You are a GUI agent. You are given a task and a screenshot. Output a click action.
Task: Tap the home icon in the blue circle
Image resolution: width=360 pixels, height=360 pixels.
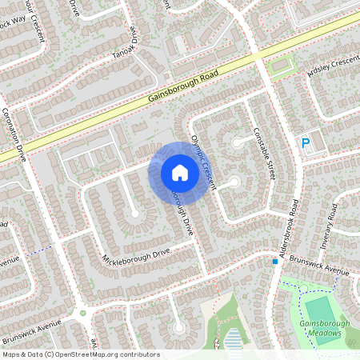click(179, 173)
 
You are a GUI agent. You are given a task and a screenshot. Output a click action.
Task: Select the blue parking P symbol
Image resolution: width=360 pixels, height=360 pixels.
click(305, 143)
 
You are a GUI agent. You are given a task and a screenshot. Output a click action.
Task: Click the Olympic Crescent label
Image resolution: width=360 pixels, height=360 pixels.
click(205, 160)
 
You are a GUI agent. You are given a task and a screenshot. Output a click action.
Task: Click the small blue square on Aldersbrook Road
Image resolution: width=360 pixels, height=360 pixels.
click(274, 261)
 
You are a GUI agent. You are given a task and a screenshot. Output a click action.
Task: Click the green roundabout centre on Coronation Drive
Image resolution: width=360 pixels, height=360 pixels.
click(82, 312)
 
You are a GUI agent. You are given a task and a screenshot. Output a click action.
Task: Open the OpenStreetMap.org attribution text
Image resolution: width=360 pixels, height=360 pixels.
click(81, 354)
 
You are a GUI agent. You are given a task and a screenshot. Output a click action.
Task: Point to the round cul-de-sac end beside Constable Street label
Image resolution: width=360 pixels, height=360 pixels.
click(238, 142)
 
